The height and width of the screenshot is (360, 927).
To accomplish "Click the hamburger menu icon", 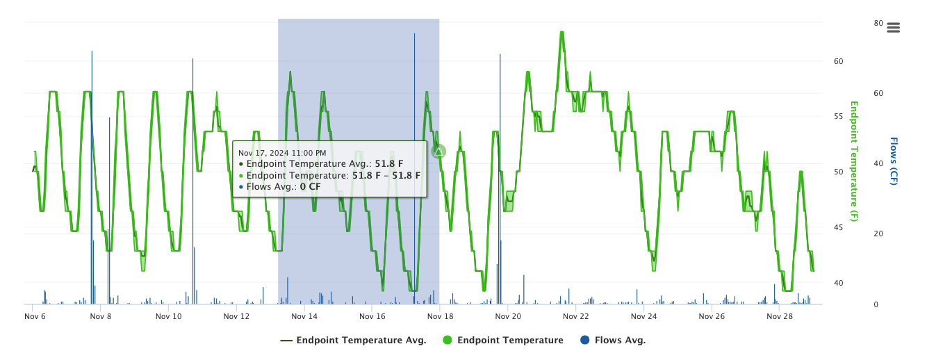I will (894, 28).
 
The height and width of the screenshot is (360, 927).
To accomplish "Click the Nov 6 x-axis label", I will (35, 316).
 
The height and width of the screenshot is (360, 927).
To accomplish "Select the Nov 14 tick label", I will (304, 316).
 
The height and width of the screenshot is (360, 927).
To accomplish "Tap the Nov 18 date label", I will (441, 316).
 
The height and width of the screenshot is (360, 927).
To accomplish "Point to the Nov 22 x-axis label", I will (575, 316).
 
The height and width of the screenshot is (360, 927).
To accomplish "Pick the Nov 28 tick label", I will (779, 316).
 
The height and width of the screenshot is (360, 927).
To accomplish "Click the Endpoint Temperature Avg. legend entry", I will (353, 341).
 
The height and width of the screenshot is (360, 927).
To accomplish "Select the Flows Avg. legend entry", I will (620, 341).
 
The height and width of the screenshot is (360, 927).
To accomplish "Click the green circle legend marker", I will (448, 341).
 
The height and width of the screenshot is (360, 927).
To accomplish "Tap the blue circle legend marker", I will (585, 341).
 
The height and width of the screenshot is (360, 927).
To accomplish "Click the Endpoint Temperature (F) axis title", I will (855, 161).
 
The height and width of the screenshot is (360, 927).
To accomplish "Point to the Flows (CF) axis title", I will (894, 161).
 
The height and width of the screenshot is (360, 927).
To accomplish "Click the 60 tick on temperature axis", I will (838, 61).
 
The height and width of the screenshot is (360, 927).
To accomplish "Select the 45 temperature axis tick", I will (838, 227).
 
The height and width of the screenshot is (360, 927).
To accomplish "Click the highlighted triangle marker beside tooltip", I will (438, 151).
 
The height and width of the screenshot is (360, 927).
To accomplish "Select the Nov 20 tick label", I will (508, 316).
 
